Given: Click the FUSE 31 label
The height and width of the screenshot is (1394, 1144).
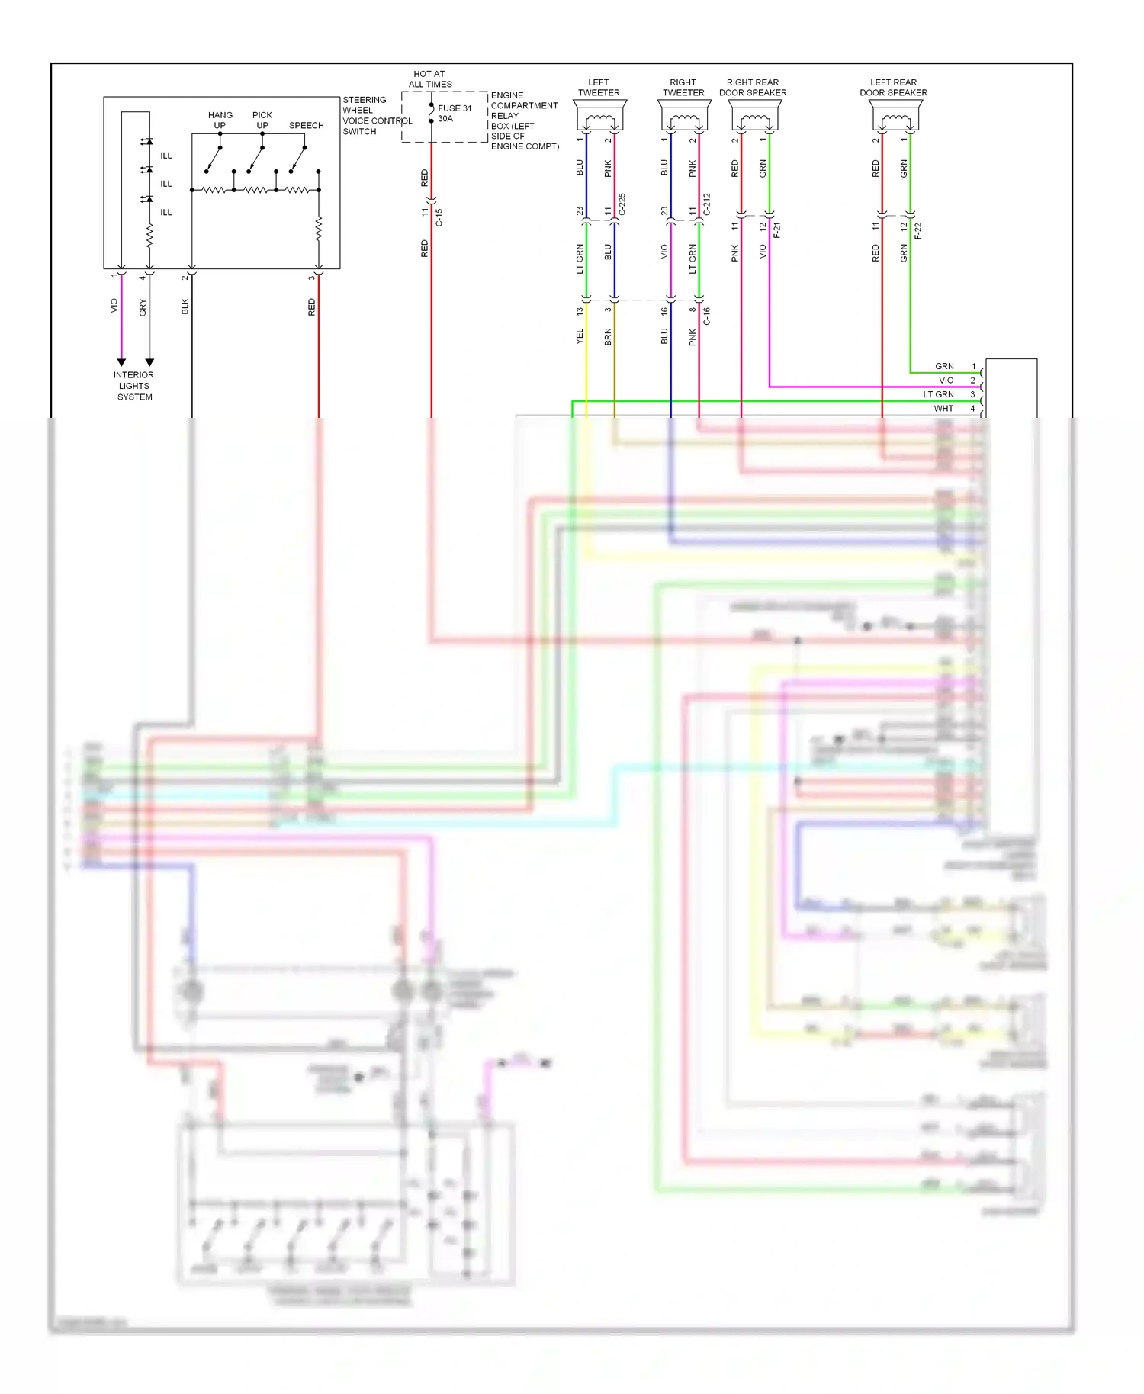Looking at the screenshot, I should coord(455,108).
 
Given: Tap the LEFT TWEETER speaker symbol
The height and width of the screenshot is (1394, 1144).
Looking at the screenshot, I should coord(599,119).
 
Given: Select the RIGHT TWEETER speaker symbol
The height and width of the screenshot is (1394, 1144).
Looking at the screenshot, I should coord(684,119).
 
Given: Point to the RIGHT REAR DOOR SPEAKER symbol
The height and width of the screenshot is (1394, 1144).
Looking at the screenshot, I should coord(755,119).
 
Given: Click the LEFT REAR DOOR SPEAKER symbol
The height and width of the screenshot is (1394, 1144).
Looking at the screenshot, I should coord(895,119).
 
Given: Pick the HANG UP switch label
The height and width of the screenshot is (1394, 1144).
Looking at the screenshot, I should coord(220,120).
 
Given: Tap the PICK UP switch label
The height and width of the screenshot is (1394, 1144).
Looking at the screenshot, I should coord(262,120).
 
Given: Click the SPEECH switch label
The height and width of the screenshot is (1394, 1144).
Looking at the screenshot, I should coord(306,125).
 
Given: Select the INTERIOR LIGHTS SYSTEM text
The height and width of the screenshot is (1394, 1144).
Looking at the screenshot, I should coord(134,386).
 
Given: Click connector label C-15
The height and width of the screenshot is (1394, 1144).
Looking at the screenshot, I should coord(439,217).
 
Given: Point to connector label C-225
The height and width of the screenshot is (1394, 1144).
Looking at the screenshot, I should coord(622,204).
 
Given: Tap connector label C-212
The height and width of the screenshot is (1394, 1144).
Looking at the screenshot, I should coord(707,204).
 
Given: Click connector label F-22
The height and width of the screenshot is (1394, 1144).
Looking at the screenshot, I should coord(918,230).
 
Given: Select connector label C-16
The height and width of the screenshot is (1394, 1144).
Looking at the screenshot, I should coord(707,316).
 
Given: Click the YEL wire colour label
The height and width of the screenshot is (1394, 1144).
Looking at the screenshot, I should coord(580,336).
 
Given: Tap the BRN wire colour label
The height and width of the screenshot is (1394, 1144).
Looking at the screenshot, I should coord(608,336).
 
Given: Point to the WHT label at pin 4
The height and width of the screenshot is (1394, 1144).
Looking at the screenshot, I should coord(943,409).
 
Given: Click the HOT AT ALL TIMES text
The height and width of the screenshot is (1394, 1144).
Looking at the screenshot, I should coord(430,79).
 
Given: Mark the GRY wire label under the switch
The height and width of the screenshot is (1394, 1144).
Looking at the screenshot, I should coord(143,307).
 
